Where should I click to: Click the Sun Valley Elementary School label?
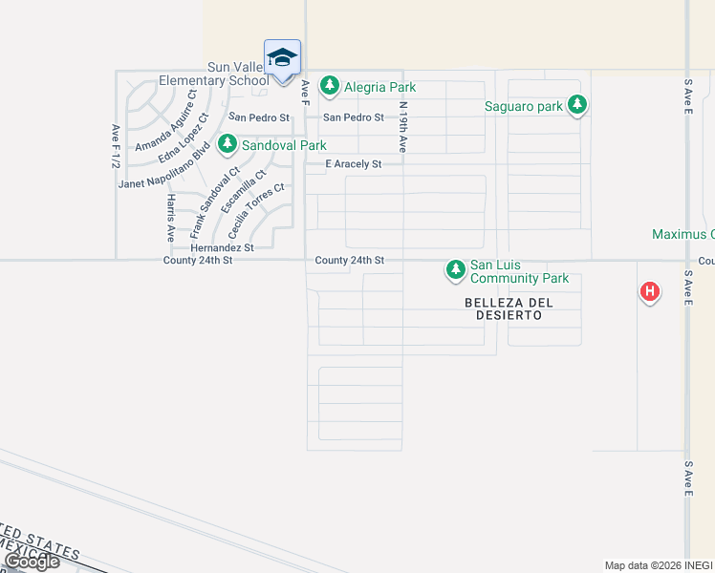(x=238, y=74)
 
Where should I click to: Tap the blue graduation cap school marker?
(x=282, y=58)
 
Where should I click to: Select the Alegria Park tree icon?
(x=330, y=86)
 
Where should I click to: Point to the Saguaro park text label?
(x=523, y=106)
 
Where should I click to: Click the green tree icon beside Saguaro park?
(x=576, y=105)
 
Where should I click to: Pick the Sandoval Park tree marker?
(x=227, y=144)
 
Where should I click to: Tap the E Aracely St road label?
(x=353, y=164)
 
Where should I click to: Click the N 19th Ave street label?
(x=403, y=127)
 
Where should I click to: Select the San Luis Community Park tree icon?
(x=456, y=270)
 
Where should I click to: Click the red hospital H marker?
(x=650, y=291)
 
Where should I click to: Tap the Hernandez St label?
(x=222, y=247)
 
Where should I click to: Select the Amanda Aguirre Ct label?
(x=164, y=120)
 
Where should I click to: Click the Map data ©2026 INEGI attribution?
(x=658, y=565)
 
